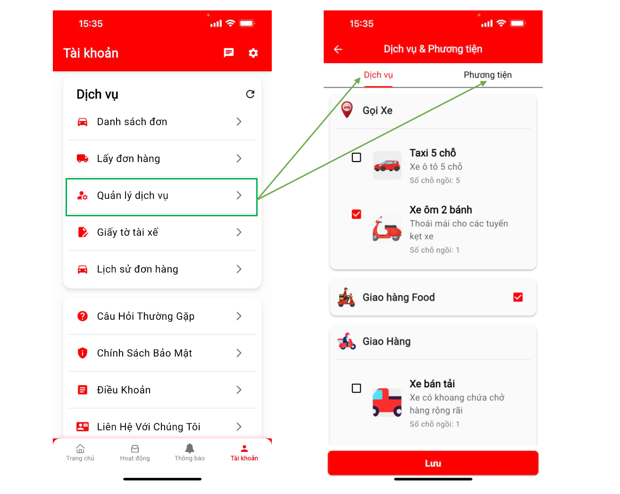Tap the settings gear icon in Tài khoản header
(253, 53)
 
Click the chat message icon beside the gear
(228, 53)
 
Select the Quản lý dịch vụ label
(133, 195)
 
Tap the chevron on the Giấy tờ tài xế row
(239, 232)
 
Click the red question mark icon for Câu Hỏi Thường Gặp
(83, 316)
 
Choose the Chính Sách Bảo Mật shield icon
(83, 353)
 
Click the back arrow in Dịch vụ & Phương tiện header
(338, 49)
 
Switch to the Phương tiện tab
(487, 75)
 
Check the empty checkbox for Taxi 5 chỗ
(356, 157)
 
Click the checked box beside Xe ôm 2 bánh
(356, 214)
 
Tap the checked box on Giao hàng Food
(518, 297)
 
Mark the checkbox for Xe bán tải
(356, 388)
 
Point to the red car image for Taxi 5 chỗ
(387, 165)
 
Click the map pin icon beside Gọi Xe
(347, 110)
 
